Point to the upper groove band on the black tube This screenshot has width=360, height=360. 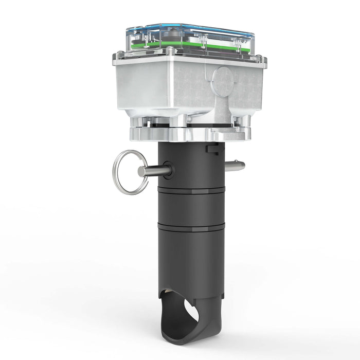[x=191, y=190]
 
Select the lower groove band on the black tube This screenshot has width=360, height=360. [x=191, y=227]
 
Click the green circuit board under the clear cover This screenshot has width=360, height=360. [x=154, y=45]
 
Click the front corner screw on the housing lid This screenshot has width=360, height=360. [x=170, y=51]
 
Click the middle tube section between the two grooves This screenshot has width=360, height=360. [x=191, y=208]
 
